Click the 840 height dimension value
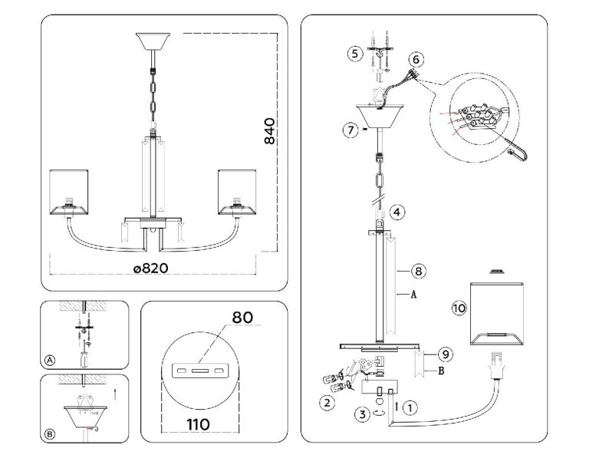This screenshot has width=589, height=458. (269, 131)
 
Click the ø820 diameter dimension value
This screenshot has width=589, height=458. (151, 269)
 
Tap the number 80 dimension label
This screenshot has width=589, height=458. (242, 318)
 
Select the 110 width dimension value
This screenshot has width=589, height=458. (198, 424)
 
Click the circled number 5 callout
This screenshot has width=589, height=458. (355, 54)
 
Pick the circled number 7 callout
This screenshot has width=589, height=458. (350, 130)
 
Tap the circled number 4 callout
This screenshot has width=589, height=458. (397, 213)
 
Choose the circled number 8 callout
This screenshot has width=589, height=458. (419, 271)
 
